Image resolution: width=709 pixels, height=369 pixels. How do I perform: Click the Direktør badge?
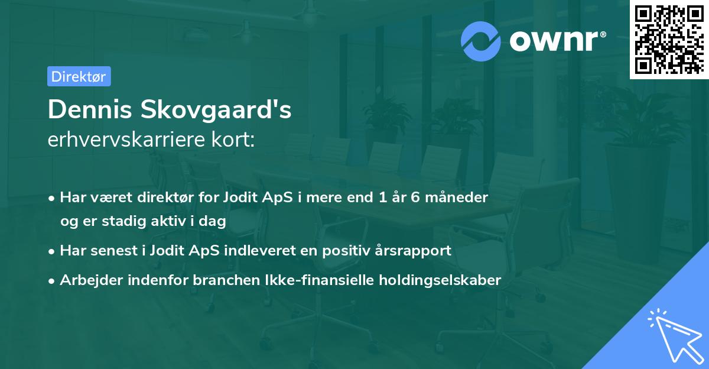(x=79, y=76)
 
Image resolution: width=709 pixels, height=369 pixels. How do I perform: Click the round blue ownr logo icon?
(x=481, y=41)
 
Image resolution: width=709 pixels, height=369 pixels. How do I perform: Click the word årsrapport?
(x=415, y=250)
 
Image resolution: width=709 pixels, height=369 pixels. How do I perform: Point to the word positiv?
(x=352, y=250)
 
